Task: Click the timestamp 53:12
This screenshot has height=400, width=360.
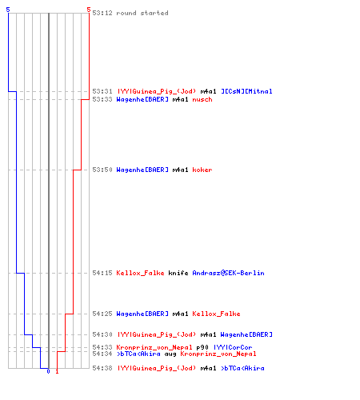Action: click(102, 13)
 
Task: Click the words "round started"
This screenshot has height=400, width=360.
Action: click(142, 13)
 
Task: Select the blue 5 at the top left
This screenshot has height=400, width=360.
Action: click(8, 10)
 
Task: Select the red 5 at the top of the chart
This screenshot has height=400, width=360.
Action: click(89, 10)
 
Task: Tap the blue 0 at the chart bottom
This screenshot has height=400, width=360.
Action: click(48, 371)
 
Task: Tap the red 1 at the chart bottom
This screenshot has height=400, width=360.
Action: click(57, 371)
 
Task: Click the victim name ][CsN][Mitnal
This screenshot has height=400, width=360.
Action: click(246, 91)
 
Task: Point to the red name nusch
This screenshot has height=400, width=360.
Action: click(202, 99)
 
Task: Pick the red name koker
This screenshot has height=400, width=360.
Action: click(202, 170)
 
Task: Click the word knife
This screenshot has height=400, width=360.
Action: click(178, 273)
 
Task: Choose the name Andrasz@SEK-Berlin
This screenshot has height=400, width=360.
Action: click(228, 273)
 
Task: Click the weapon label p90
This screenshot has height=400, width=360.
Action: click(202, 347)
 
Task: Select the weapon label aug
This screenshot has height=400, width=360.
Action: click(170, 354)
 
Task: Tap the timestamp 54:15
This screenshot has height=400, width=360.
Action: click(102, 273)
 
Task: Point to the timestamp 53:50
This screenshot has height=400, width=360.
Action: click(102, 170)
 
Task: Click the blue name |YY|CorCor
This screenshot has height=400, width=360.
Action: click(233, 347)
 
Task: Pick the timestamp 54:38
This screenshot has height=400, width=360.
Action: click(102, 368)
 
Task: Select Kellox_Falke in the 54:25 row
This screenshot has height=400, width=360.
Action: click(216, 314)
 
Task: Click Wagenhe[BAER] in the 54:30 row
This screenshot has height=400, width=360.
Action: click(246, 334)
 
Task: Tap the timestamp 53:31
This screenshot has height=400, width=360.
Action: click(102, 91)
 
